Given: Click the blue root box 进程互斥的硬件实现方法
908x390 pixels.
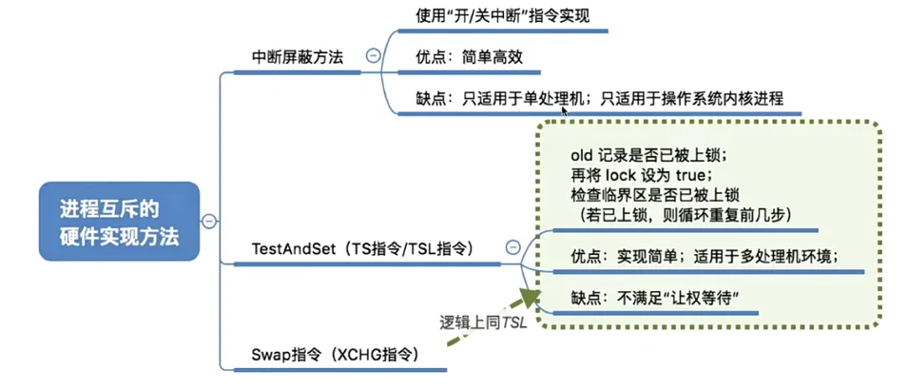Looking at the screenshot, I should (x=119, y=222).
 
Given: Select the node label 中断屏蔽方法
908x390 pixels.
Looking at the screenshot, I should (x=297, y=55).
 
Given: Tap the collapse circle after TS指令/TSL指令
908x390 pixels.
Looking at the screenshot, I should (x=513, y=247).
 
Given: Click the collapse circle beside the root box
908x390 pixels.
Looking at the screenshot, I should (x=210, y=222).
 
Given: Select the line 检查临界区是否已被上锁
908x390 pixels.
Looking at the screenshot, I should (x=655, y=196).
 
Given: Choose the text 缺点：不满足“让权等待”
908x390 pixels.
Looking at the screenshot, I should (x=651, y=298).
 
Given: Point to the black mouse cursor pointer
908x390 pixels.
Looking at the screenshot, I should (x=567, y=111).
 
